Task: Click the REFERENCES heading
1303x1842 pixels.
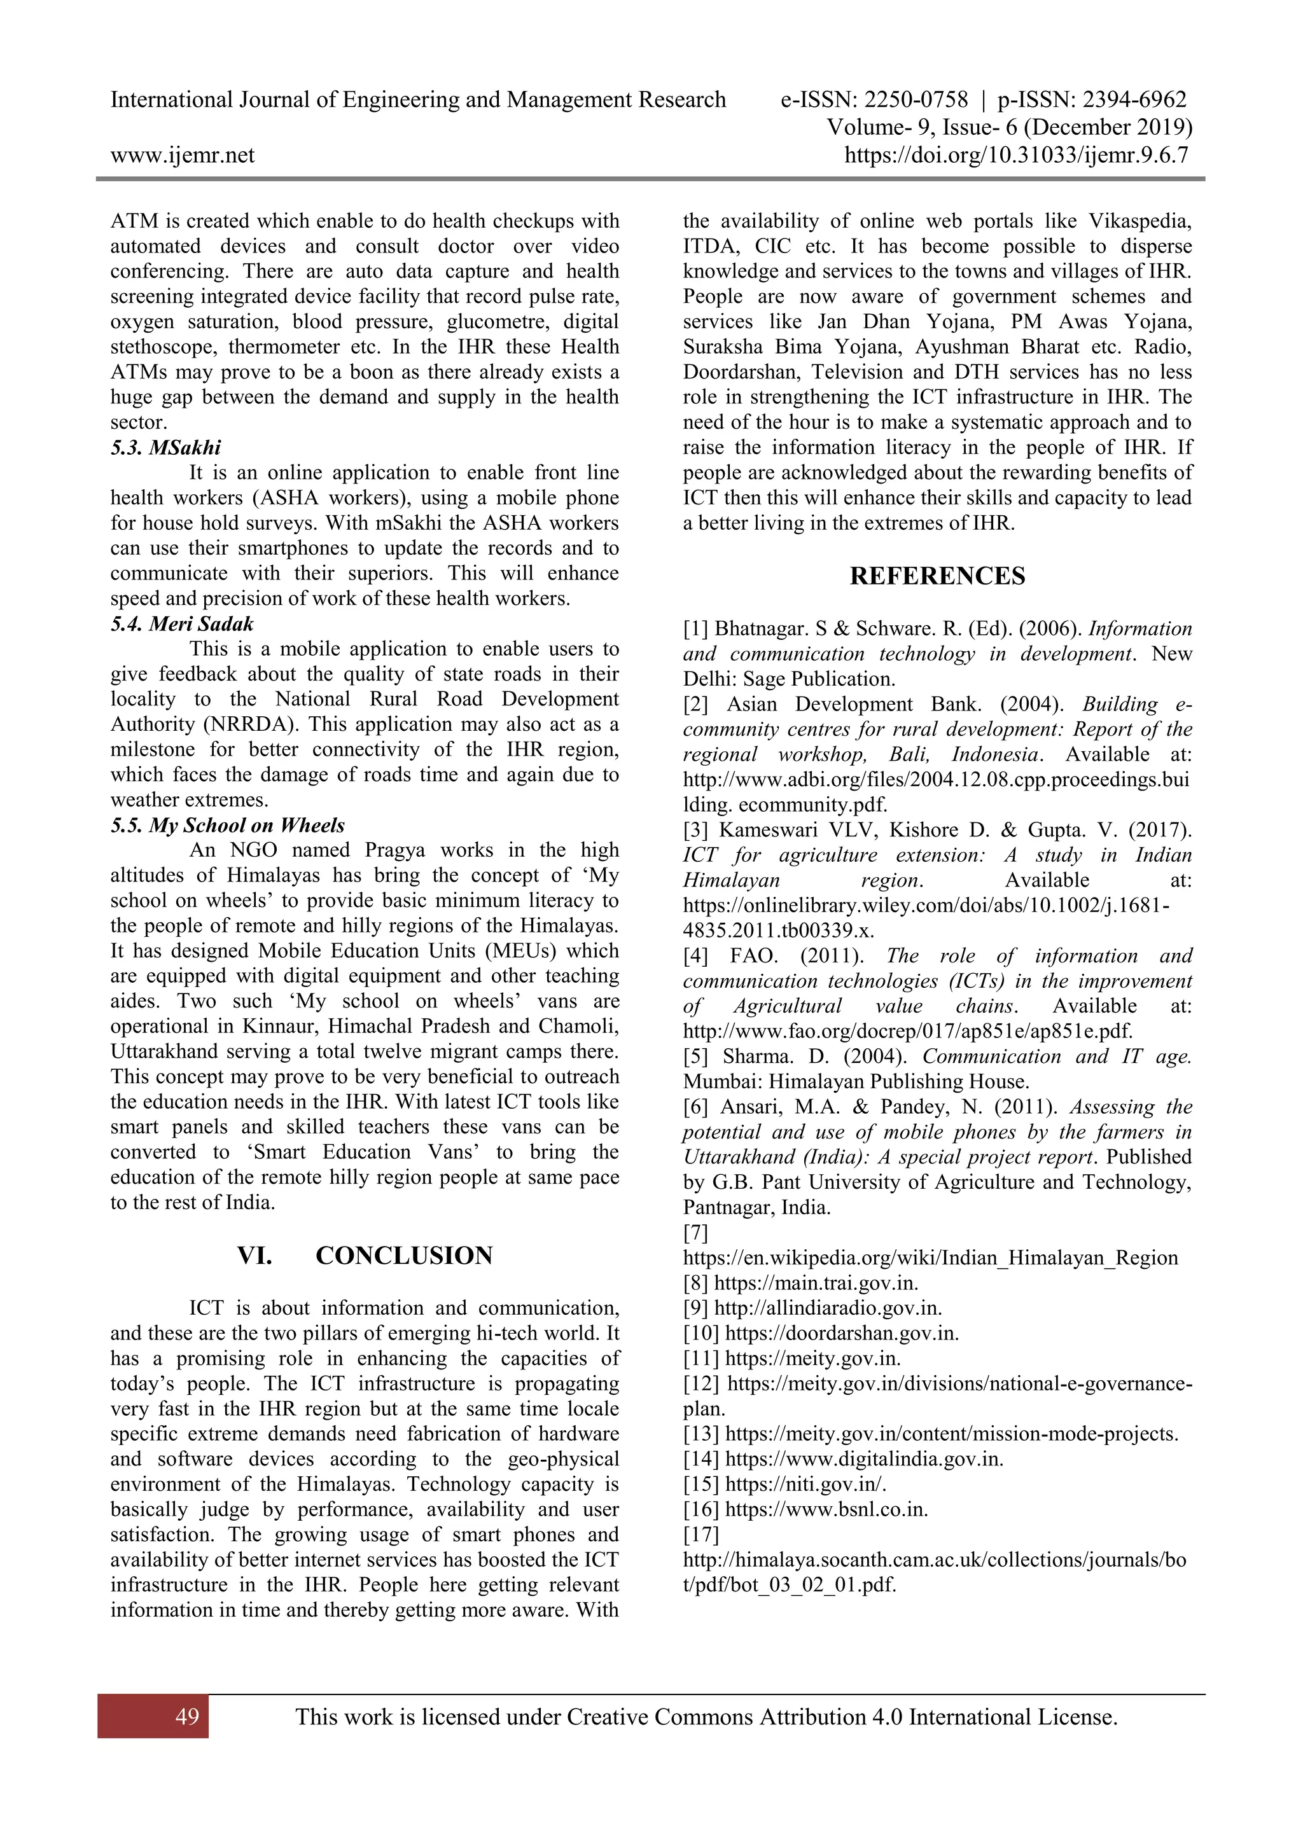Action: (x=937, y=576)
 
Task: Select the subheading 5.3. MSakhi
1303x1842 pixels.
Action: (x=166, y=448)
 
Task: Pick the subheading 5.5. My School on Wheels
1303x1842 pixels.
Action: (x=228, y=826)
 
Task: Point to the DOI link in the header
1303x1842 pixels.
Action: (x=1017, y=155)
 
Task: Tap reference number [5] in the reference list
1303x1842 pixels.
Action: (x=695, y=1056)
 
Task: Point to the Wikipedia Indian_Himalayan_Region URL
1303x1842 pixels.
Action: (x=931, y=1258)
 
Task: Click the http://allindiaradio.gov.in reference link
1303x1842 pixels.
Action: (x=827, y=1308)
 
